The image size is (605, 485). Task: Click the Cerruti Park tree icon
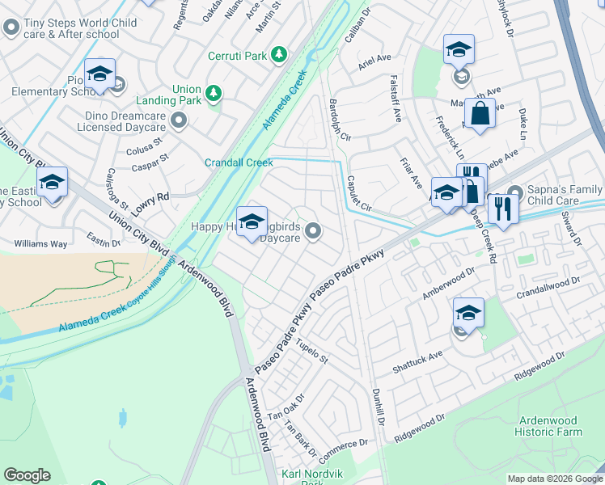[x=279, y=54]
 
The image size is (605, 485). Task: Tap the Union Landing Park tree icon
[x=214, y=94]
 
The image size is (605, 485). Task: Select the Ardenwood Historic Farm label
[x=548, y=426]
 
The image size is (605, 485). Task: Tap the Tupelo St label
[x=311, y=352]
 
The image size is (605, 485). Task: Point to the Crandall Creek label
[x=239, y=162]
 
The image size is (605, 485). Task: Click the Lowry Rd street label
[x=151, y=202]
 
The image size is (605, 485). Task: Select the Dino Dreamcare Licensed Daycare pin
[x=180, y=121]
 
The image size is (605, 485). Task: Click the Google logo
[x=27, y=474]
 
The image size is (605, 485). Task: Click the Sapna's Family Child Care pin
[x=512, y=197]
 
